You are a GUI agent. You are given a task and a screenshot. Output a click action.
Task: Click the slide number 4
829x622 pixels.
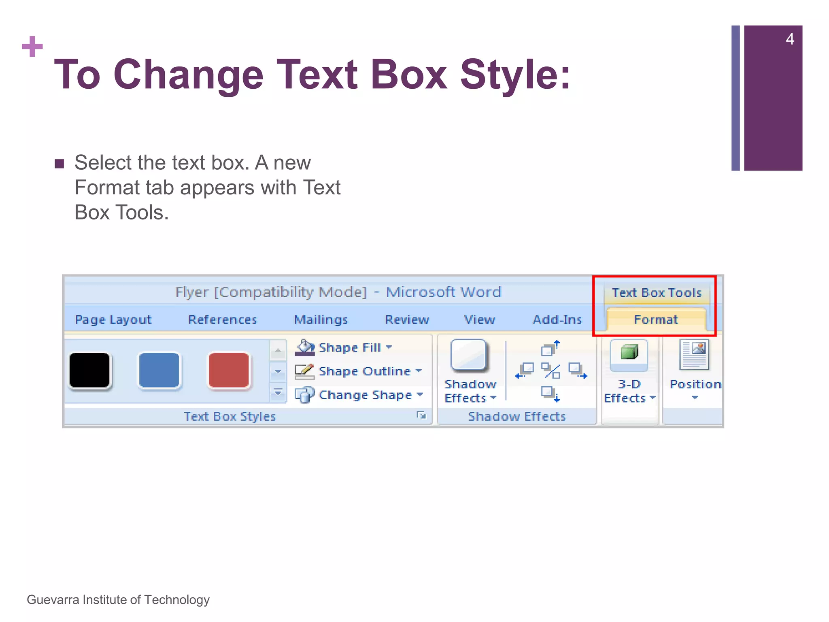(x=790, y=39)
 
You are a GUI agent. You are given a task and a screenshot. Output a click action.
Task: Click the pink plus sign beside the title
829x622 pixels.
(x=32, y=47)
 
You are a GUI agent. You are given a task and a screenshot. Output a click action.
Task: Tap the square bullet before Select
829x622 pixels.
(x=60, y=164)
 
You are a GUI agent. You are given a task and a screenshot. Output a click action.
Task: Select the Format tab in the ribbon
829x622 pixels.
(x=655, y=320)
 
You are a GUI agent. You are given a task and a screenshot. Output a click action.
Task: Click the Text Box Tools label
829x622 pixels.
(x=656, y=293)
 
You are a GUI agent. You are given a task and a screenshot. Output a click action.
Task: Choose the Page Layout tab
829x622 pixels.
(x=113, y=320)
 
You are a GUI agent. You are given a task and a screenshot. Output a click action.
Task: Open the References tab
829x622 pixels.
(x=222, y=320)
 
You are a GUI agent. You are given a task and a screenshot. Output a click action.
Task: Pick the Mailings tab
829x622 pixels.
(x=321, y=320)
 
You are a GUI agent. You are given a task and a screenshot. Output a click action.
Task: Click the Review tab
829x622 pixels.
(x=407, y=320)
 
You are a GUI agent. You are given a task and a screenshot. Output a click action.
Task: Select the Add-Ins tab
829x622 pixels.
(x=557, y=320)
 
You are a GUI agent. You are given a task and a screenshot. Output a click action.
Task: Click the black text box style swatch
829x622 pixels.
(x=89, y=371)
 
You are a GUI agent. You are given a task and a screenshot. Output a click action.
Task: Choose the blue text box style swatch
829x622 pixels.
(x=159, y=371)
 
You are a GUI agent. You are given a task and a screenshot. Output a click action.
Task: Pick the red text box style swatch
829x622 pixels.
(x=229, y=371)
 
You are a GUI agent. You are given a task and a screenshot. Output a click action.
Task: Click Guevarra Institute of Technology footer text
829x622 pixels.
(x=118, y=600)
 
